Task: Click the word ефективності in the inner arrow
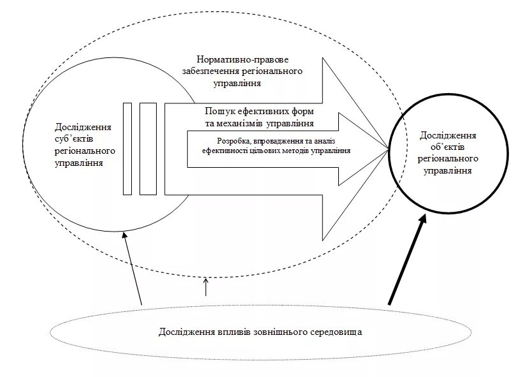226,151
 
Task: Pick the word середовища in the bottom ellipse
336,333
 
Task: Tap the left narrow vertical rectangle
127,147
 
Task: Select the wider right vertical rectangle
148,147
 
